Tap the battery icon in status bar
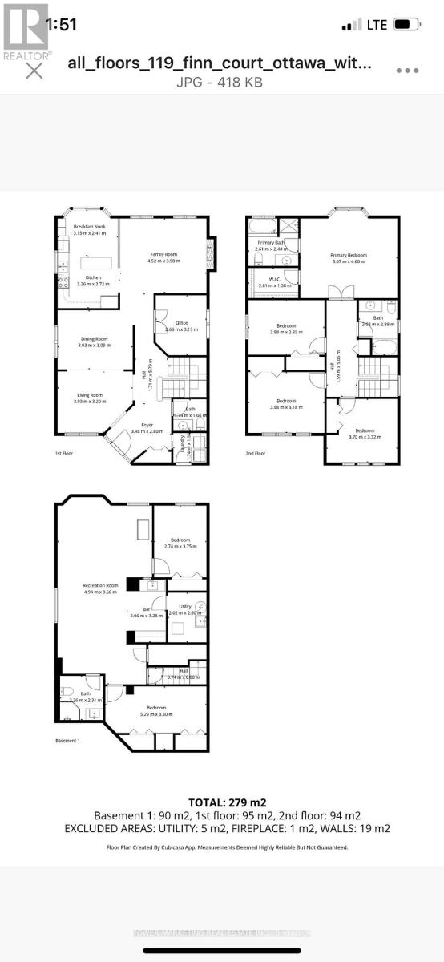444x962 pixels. (407, 25)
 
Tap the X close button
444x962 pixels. (34, 71)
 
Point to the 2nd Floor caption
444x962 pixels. (255, 454)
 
